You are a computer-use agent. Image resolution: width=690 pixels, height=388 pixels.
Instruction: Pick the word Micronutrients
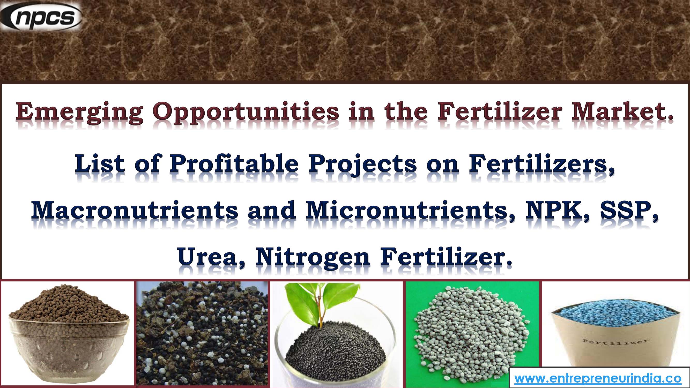click(410, 211)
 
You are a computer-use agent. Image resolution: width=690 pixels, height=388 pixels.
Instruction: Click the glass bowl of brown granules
click(68, 345)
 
